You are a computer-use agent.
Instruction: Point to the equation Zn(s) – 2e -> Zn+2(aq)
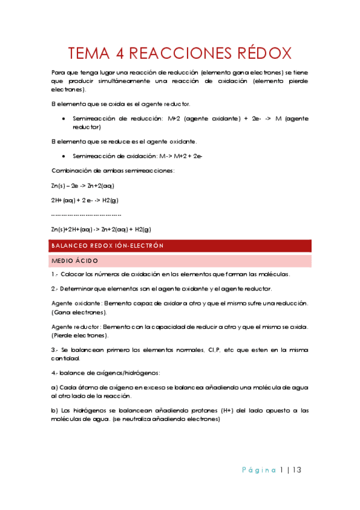click(83, 185)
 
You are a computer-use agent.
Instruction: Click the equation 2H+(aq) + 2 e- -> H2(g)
click(85, 200)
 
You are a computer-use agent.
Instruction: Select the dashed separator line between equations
click(87, 215)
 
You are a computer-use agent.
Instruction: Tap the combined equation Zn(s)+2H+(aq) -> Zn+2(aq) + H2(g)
click(101, 229)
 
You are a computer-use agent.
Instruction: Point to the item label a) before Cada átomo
click(54, 388)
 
